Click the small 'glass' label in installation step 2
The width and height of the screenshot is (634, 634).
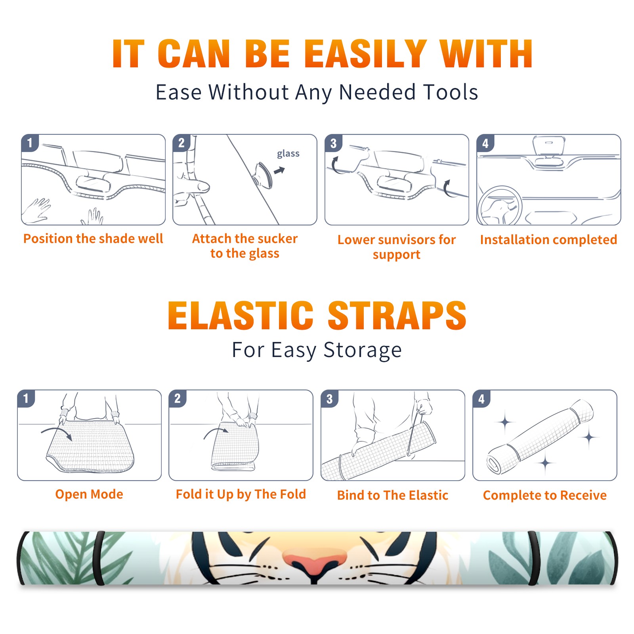click(288, 154)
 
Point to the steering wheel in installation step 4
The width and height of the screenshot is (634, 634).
click(499, 206)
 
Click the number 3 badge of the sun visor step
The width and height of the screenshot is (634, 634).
click(333, 143)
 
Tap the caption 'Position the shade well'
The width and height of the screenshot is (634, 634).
click(93, 239)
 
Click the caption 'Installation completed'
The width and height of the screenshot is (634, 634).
click(548, 239)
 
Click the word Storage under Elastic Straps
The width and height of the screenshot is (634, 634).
click(363, 350)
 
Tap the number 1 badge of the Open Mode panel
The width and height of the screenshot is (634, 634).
click(26, 398)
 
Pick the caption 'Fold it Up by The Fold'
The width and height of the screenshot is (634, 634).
click(241, 494)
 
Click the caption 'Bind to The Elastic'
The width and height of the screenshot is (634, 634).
click(393, 495)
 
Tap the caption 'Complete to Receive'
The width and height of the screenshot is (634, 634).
click(545, 495)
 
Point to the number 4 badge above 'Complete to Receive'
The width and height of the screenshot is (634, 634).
click(481, 399)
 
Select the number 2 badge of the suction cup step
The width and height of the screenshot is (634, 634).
click(181, 143)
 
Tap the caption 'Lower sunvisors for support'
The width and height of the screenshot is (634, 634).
click(397, 247)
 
